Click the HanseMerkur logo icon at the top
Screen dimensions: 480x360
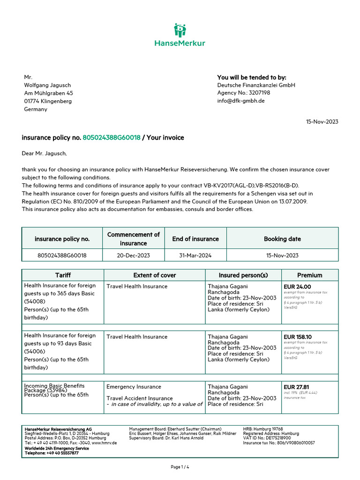(x=180, y=30)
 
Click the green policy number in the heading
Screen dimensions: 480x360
(x=112, y=138)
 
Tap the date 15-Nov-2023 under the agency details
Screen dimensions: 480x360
(x=322, y=121)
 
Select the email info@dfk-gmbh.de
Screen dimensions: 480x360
(x=241, y=101)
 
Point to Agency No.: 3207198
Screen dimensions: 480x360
(x=244, y=93)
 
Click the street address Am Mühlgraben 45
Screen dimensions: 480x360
(x=48, y=93)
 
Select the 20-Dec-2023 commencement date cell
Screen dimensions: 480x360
(x=134, y=255)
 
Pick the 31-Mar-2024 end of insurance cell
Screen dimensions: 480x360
(x=195, y=255)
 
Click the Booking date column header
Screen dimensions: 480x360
(x=282, y=239)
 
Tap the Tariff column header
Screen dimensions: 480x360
(x=63, y=275)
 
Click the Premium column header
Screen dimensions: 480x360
(x=309, y=275)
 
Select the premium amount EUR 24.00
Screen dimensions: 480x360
(x=297, y=286)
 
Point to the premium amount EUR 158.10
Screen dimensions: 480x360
(x=299, y=337)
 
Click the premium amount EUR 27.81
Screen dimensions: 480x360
(x=296, y=387)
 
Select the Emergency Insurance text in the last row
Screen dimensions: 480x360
(x=134, y=387)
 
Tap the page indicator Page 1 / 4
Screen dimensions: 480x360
(x=180, y=467)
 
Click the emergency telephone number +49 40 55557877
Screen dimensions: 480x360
(x=59, y=453)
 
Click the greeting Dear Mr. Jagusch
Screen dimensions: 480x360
(x=45, y=153)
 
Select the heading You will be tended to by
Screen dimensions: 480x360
(x=251, y=77)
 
